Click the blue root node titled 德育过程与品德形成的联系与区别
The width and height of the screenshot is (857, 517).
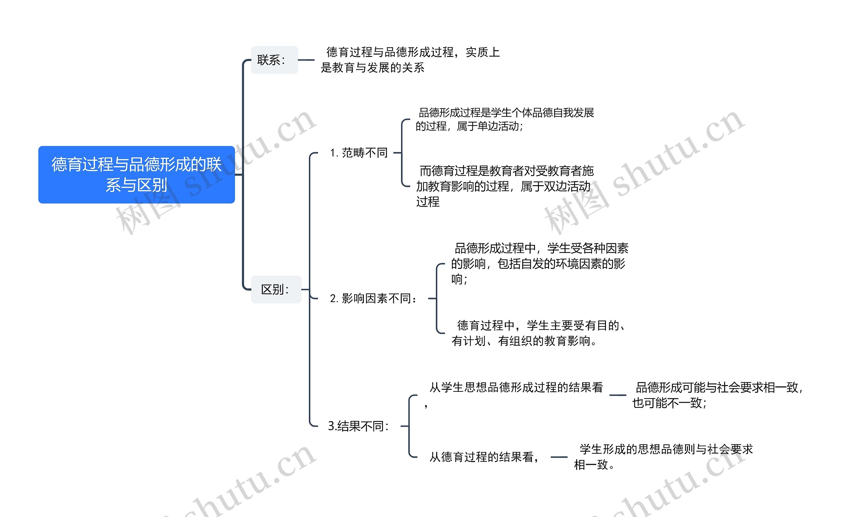pyautogui.click(x=136, y=174)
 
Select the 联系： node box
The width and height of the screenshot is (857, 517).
pyautogui.click(x=274, y=60)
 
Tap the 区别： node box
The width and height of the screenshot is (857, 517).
pyautogui.click(x=276, y=289)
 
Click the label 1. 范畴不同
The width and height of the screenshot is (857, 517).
pyautogui.click(x=359, y=153)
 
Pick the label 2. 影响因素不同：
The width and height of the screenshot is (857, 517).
pyautogui.click(x=373, y=298)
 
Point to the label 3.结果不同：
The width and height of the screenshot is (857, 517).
pyautogui.click(x=359, y=426)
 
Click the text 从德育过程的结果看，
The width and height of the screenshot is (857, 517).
pyautogui.click(x=484, y=457)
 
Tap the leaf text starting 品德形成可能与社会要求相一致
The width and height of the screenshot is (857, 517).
pyautogui.click(x=717, y=395)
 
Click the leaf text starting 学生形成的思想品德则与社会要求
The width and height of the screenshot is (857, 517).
pyautogui.click(x=663, y=457)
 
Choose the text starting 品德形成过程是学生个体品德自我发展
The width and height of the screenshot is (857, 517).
pyautogui.click(x=505, y=119)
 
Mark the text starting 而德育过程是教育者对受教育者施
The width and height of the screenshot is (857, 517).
pyautogui.click(x=505, y=186)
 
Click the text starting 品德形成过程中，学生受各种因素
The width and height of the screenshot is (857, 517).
pyautogui.click(x=539, y=264)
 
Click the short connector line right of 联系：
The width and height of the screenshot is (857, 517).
pyautogui.click(x=306, y=60)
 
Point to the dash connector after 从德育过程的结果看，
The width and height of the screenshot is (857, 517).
pyautogui.click(x=559, y=457)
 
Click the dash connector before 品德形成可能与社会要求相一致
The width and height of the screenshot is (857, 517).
pyautogui.click(x=618, y=395)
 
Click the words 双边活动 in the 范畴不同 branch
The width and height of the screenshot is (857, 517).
pyautogui.click(x=567, y=187)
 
